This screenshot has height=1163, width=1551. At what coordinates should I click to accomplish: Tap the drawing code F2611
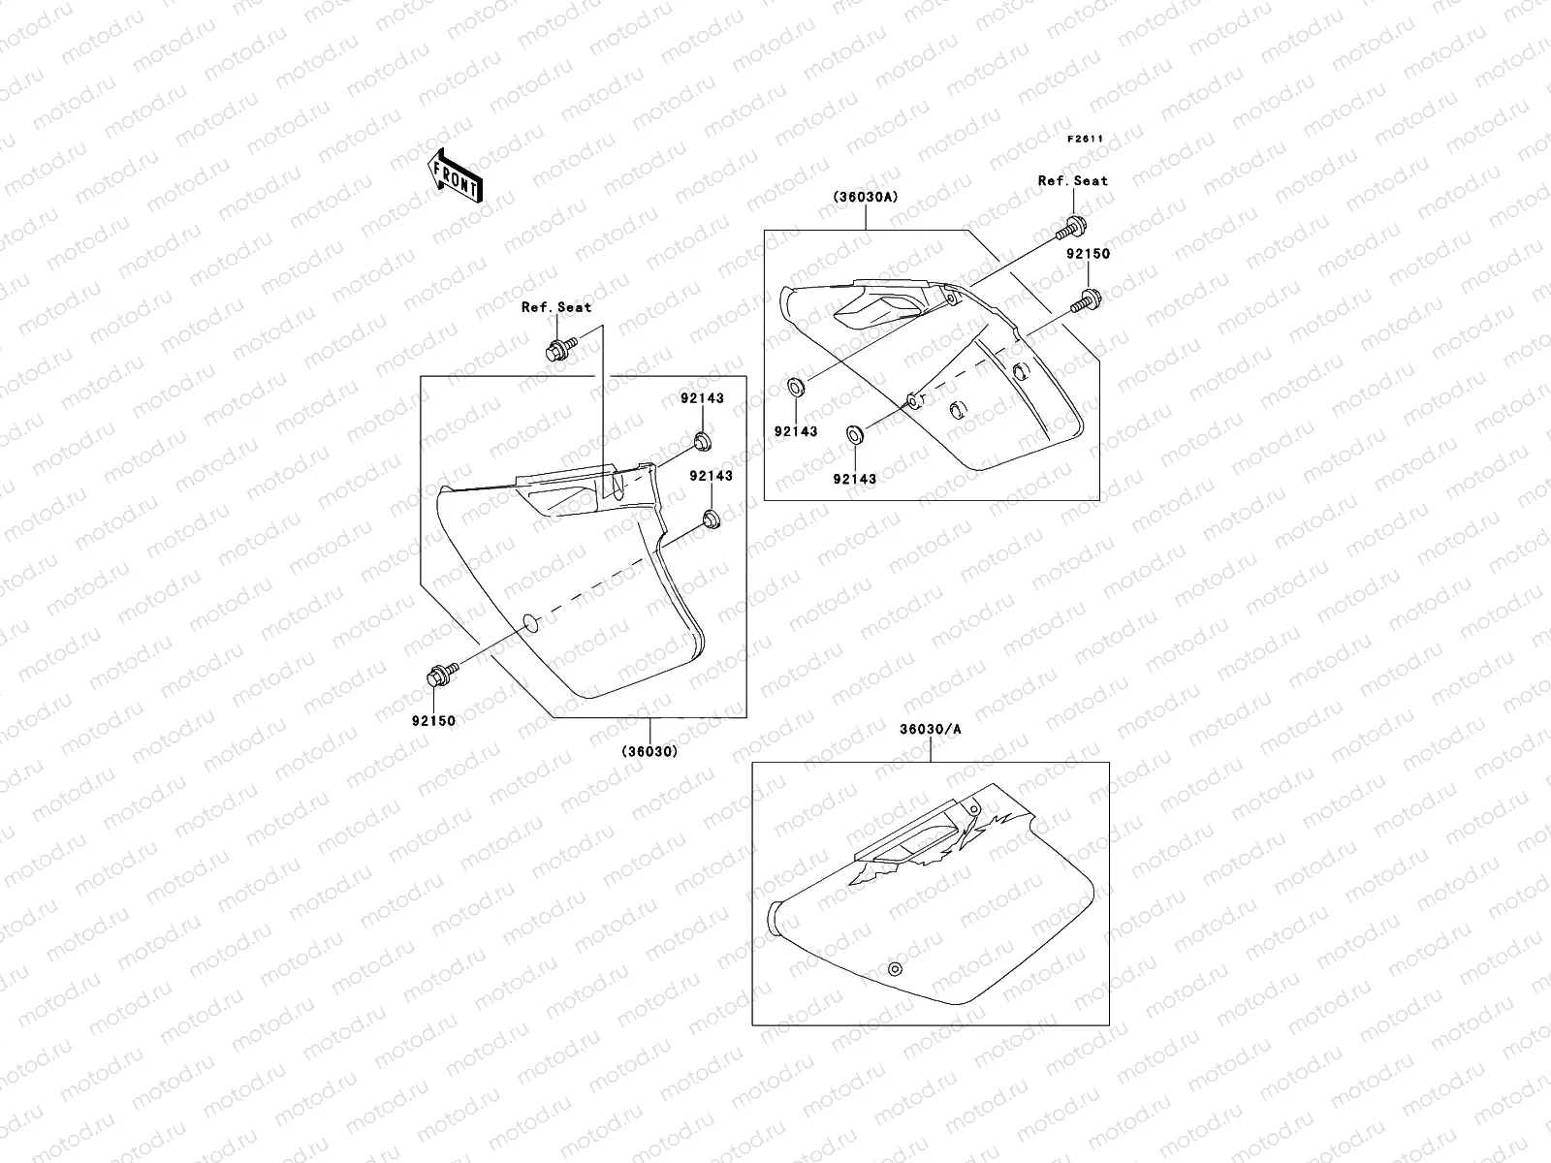pyautogui.click(x=1086, y=139)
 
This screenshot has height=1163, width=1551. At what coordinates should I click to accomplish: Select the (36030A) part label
pyautogui.click(x=865, y=197)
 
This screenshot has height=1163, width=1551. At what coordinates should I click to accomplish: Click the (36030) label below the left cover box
pyautogui.click(x=649, y=751)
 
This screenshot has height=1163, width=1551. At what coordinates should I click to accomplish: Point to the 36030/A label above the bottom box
pyautogui.click(x=930, y=729)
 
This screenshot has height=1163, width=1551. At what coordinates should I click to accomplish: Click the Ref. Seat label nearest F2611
pyautogui.click(x=1072, y=181)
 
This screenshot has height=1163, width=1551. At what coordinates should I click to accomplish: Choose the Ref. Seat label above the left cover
pyautogui.click(x=556, y=307)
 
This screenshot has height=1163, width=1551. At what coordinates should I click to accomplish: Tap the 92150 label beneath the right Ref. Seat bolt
pyautogui.click(x=1089, y=254)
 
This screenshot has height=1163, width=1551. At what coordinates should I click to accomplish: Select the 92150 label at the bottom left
pyautogui.click(x=432, y=721)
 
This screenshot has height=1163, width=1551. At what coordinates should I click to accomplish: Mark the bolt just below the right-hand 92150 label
pyautogui.click(x=1085, y=299)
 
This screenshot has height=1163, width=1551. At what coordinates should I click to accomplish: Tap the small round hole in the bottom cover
pyautogui.click(x=895, y=970)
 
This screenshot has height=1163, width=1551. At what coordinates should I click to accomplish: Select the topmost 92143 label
pyautogui.click(x=701, y=398)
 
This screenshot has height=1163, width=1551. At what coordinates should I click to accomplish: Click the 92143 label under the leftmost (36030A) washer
pyautogui.click(x=795, y=431)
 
